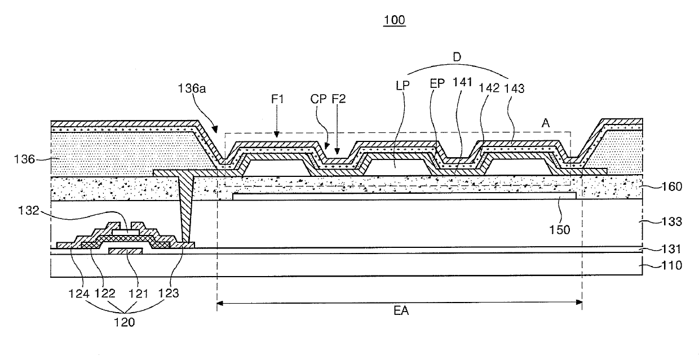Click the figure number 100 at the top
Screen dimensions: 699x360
(395, 20)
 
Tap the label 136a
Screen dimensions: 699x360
(192, 88)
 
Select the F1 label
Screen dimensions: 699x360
(277, 99)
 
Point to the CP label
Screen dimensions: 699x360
(318, 99)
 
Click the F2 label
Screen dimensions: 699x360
(339, 99)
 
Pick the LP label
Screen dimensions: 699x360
(402, 86)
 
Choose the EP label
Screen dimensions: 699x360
(437, 83)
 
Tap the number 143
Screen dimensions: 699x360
(514, 88)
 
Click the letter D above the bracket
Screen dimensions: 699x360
(457, 57)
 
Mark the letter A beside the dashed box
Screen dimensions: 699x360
(546, 123)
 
